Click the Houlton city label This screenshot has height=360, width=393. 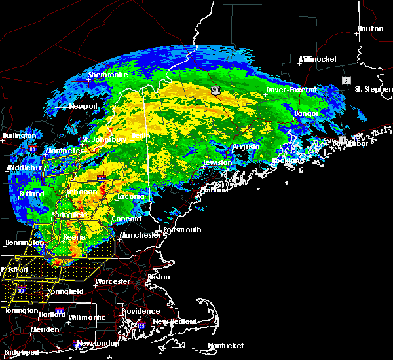pyautogui.click(x=370, y=29)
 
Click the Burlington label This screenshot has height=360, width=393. pyautogui.click(x=19, y=135)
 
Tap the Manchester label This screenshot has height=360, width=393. pyautogui.click(x=140, y=234)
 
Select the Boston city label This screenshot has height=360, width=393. pyautogui.click(x=159, y=277)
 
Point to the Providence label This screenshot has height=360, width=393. pyautogui.click(x=141, y=311)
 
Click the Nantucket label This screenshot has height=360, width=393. pyautogui.click(x=226, y=346)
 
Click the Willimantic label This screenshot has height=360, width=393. pyautogui.click(x=86, y=317)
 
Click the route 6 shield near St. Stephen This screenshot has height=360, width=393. pyautogui.click(x=345, y=80)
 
